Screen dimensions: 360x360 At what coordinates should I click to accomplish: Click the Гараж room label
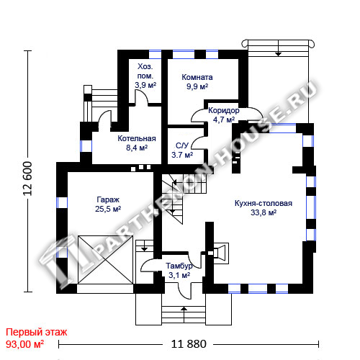[x=108, y=199]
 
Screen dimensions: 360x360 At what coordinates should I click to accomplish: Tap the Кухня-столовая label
[x=264, y=203]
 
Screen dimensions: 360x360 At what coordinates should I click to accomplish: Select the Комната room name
[x=197, y=77]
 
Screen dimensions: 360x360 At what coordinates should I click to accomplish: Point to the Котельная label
[x=137, y=138]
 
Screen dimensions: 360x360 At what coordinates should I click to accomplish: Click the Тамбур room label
[x=179, y=266]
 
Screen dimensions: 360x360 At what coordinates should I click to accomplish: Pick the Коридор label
[x=224, y=110]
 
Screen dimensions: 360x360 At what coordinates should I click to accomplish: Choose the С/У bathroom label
[x=182, y=145]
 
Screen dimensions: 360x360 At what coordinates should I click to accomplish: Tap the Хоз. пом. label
[x=145, y=71]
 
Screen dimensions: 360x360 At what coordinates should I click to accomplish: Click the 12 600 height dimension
[x=27, y=179]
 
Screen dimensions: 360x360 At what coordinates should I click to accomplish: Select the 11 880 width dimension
[x=189, y=344]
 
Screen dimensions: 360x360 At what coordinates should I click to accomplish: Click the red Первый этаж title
[x=37, y=333]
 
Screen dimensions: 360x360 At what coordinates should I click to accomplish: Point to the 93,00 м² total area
[x=24, y=344]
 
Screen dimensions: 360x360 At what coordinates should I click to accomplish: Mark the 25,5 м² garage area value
[x=108, y=209]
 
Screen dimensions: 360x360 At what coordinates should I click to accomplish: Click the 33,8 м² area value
[x=264, y=212]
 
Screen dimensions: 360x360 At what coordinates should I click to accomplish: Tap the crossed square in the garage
[x=105, y=260]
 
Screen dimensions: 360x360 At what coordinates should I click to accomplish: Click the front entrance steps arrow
[x=184, y=315]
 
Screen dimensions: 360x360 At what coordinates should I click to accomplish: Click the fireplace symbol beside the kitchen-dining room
[x=221, y=253]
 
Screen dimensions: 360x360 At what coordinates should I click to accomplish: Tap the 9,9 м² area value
[x=197, y=86]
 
